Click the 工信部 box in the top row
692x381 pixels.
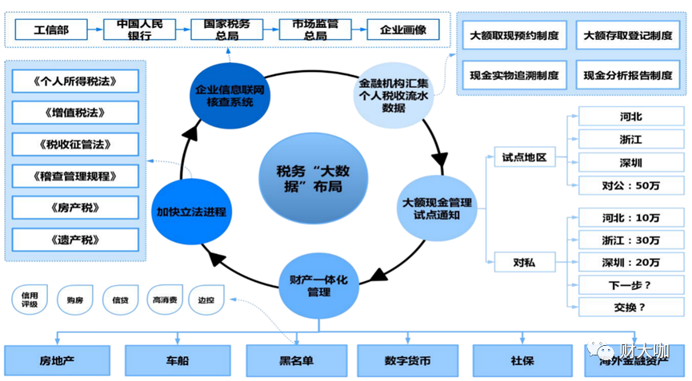click(51, 30)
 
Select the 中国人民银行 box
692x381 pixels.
click(139, 30)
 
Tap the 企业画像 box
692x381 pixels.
click(403, 30)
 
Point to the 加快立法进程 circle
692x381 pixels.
click(191, 212)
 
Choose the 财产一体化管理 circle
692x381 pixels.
click(318, 285)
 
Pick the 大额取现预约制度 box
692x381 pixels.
click(514, 36)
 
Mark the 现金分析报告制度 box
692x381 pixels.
click(627, 75)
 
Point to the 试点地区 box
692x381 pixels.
click(524, 157)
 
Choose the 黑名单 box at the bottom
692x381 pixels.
click(296, 360)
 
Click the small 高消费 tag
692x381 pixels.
click(165, 300)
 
